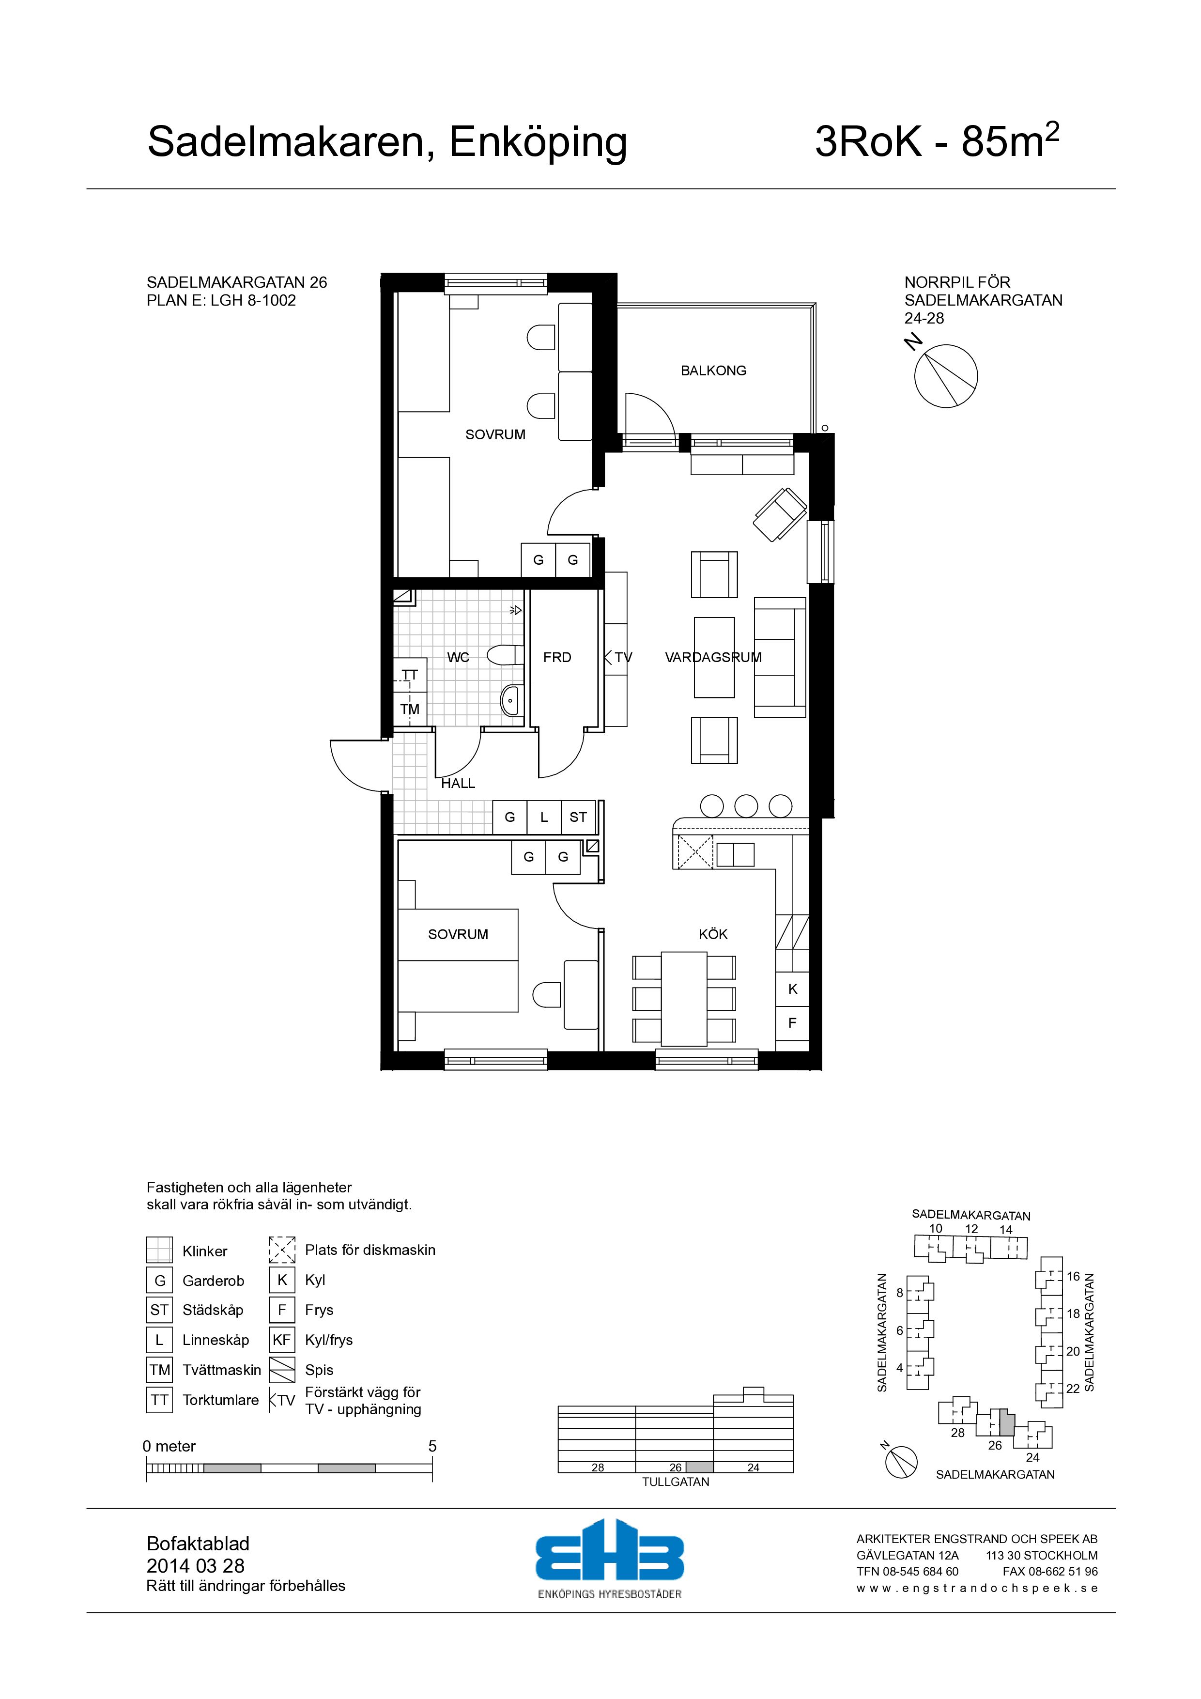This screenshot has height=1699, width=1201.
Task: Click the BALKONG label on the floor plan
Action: pyautogui.click(x=713, y=371)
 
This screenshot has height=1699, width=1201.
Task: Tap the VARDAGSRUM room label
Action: pyautogui.click(x=713, y=657)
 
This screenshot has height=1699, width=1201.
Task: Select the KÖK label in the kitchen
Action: pyautogui.click(x=713, y=935)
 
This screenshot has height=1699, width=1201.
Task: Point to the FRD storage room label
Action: pyautogui.click(x=557, y=657)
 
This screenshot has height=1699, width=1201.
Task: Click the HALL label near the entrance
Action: pyautogui.click(x=458, y=783)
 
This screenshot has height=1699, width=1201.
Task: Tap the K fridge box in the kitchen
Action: pyautogui.click(x=793, y=989)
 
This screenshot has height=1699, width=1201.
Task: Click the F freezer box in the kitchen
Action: pyautogui.click(x=793, y=1023)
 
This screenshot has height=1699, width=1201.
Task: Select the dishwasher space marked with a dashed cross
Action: pyautogui.click(x=695, y=851)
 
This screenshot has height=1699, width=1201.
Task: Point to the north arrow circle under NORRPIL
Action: pyautogui.click(x=946, y=376)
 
